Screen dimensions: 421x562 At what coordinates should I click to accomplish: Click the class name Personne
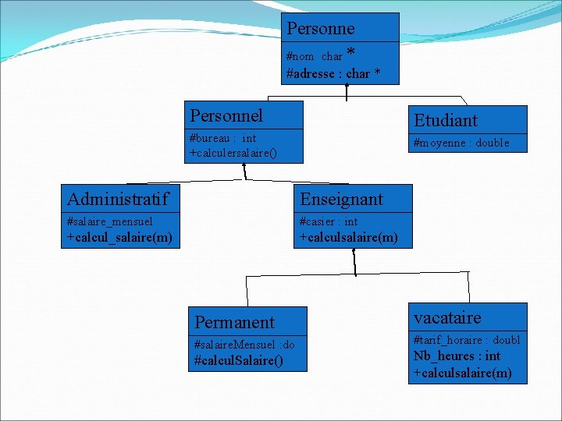pyautogui.click(x=320, y=29)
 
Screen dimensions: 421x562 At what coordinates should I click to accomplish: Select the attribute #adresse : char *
pyautogui.click(x=333, y=73)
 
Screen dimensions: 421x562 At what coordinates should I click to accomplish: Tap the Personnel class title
pyautogui.click(x=226, y=115)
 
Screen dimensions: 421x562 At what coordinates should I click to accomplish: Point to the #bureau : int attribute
pyautogui.click(x=222, y=139)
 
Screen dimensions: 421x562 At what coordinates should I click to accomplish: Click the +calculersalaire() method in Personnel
pyautogui.click(x=233, y=153)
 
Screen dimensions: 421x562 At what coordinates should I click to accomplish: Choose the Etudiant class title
pyautogui.click(x=445, y=120)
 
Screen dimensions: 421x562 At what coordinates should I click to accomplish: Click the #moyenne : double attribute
pyautogui.click(x=461, y=143)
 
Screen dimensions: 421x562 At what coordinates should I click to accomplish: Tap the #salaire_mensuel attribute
pyautogui.click(x=110, y=221)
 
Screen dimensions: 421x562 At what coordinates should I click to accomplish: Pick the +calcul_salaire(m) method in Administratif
pyautogui.click(x=119, y=236)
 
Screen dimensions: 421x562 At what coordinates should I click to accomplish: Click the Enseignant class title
pyautogui.click(x=341, y=199)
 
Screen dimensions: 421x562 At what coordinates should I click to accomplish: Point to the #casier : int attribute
pyautogui.click(x=329, y=221)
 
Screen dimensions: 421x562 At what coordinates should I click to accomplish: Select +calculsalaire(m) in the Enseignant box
pyautogui.click(x=348, y=236)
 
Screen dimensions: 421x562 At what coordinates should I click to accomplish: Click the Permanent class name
pyautogui.click(x=234, y=322)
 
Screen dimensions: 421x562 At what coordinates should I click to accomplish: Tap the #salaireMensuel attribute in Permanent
pyautogui.click(x=244, y=345)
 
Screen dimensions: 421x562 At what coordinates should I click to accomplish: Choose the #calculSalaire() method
pyautogui.click(x=239, y=360)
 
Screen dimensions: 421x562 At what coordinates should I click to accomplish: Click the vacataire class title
pyautogui.click(x=447, y=317)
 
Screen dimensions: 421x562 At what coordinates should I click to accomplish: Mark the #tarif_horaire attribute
pyautogui.click(x=466, y=340)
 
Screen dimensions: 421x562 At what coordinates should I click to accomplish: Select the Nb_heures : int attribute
pyautogui.click(x=457, y=356)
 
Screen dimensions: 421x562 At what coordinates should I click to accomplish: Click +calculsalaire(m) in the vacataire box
pyautogui.click(x=462, y=373)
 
